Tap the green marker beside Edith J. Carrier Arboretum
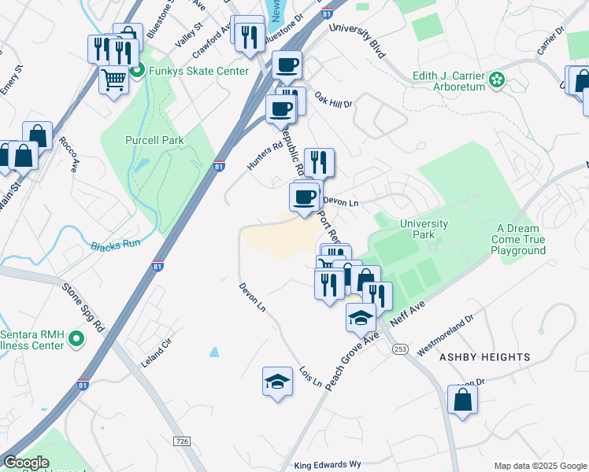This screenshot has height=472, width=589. click(497, 79)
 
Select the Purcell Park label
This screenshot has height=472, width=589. click(154, 140)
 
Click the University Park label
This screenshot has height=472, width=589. click(424, 229)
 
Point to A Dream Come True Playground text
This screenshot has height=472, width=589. click(518, 239)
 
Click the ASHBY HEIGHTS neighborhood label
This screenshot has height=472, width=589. click(484, 357)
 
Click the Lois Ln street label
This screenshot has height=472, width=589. click(311, 376)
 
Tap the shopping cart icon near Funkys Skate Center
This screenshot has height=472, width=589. click(113, 79)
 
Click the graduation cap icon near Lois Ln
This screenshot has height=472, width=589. click(276, 382)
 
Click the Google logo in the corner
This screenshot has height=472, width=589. click(27, 463)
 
